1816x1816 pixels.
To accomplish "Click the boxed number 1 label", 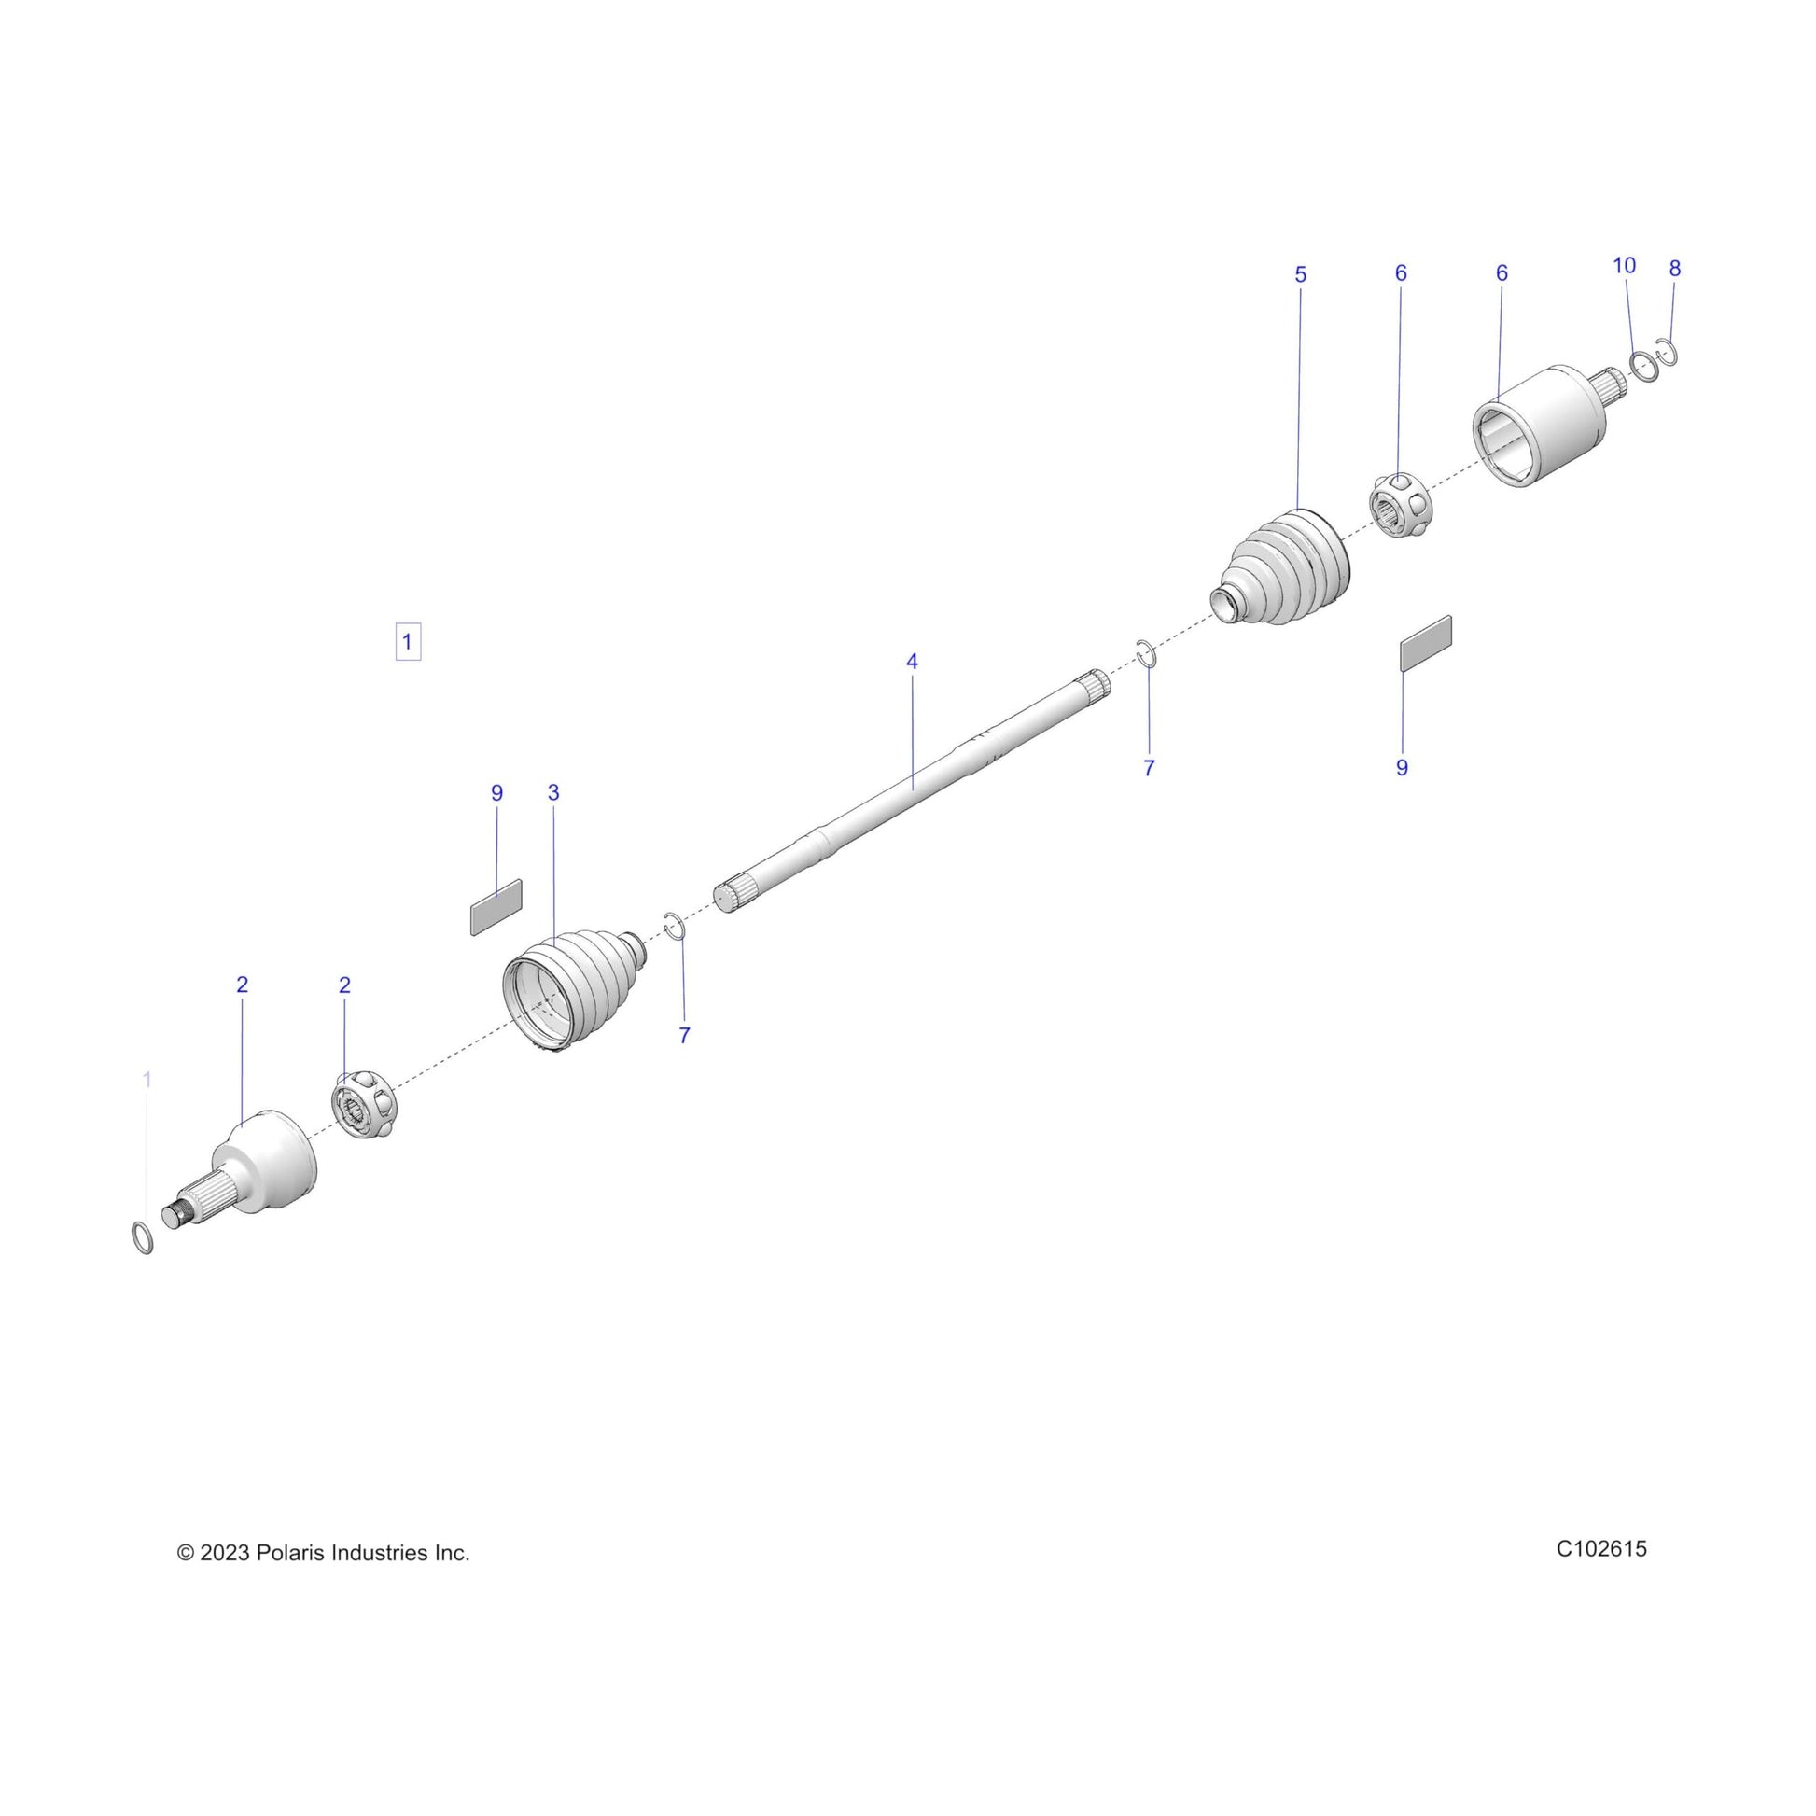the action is pos(407,642).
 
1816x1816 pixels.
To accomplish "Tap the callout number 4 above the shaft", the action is pos(912,662).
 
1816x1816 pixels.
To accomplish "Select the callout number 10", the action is pos(1625,266).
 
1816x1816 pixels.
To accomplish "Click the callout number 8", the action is pos(1675,269).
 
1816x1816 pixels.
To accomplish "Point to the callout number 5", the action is pos(1301,274).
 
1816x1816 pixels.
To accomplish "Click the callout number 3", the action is pos(553,792).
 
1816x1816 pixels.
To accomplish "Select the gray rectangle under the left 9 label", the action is pos(496,907).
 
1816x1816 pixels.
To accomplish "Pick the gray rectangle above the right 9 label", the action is pos(1426,644).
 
